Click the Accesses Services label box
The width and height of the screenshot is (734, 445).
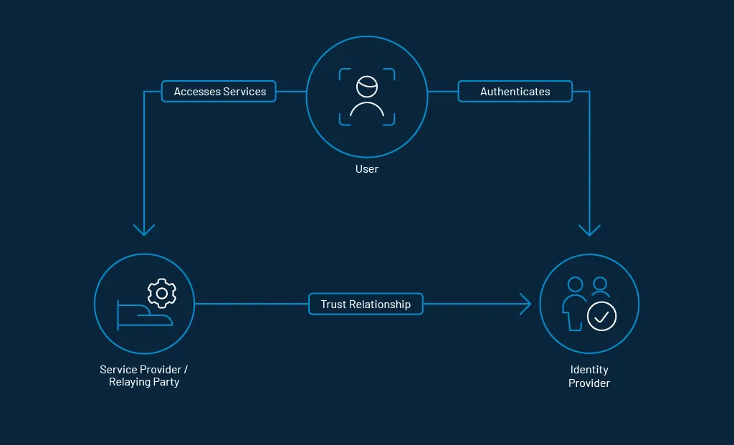pyautogui.click(x=219, y=92)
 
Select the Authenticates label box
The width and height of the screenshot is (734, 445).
pyautogui.click(x=515, y=92)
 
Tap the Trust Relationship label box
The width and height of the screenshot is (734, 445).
pyautogui.click(x=366, y=304)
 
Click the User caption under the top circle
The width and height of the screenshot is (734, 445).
pyautogui.click(x=366, y=169)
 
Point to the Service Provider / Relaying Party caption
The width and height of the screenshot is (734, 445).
pyautogui.click(x=144, y=375)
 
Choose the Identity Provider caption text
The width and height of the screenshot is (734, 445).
pyautogui.click(x=588, y=376)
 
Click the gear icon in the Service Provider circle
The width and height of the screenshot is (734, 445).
pyautogui.click(x=161, y=293)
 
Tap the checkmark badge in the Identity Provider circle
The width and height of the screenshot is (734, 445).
pyautogui.click(x=601, y=315)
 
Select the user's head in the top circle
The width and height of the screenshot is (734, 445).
pyautogui.click(x=367, y=86)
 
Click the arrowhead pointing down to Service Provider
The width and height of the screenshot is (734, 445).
pyautogui.click(x=144, y=230)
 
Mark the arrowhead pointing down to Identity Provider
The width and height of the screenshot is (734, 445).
pyautogui.click(x=589, y=230)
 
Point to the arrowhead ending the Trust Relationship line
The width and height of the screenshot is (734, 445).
pyautogui.click(x=526, y=304)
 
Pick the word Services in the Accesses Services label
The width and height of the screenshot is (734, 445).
pyautogui.click(x=244, y=92)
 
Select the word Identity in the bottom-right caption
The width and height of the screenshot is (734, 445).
pyautogui.click(x=588, y=370)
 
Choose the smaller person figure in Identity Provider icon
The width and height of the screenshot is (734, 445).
pyautogui.click(x=600, y=287)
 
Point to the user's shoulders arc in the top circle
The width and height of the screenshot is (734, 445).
pyautogui.click(x=367, y=110)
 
